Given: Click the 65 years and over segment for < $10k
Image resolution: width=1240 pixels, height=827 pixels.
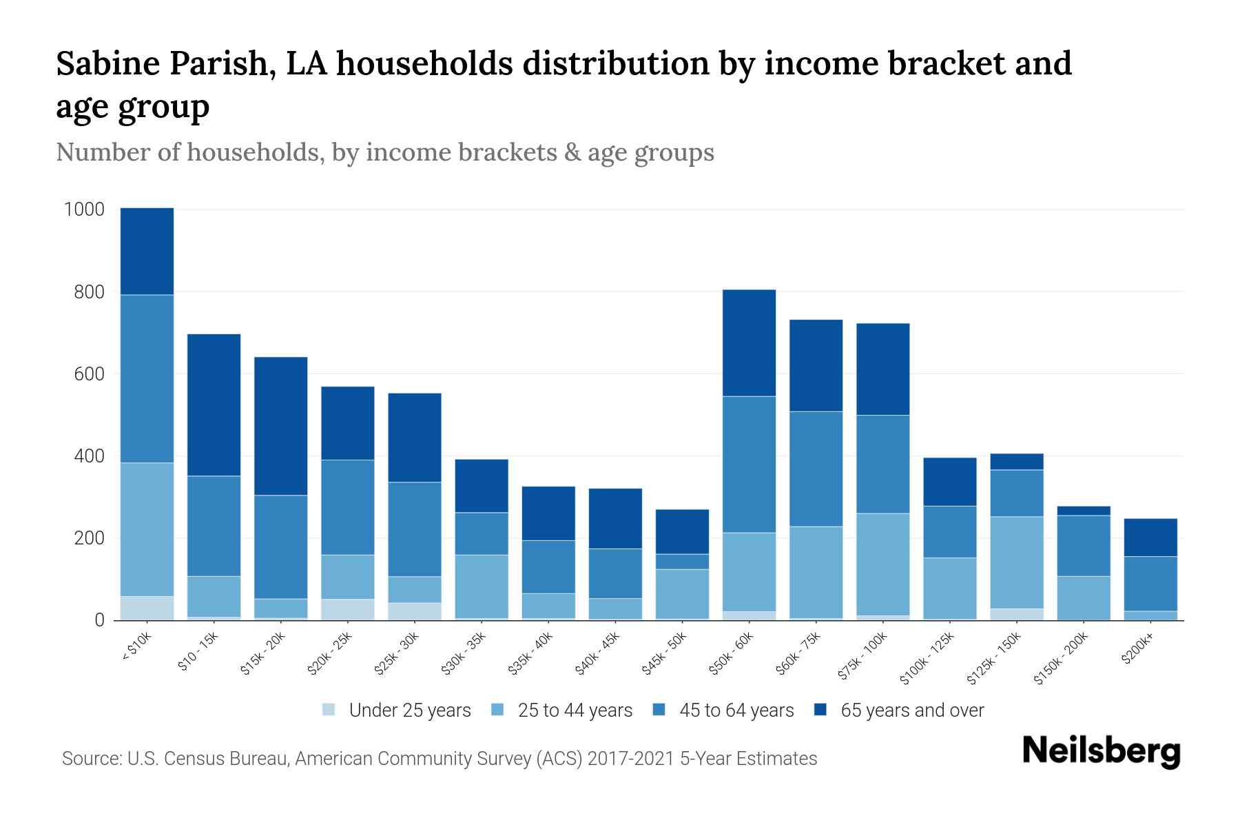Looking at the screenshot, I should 147,252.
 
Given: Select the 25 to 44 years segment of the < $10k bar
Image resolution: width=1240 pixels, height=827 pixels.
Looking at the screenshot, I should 147,529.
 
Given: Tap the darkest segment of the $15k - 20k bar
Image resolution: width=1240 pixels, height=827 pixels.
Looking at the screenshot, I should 281,426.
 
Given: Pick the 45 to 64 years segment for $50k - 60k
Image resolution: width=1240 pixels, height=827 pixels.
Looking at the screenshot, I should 749,464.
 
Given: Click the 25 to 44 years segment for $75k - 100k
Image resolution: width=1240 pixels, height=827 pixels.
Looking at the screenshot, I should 882,564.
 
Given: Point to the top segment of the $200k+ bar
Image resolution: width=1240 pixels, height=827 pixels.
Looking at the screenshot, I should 1150,538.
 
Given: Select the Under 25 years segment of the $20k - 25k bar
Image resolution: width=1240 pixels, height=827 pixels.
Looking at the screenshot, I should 348,609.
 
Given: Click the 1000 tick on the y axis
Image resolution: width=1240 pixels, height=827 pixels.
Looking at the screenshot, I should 84,210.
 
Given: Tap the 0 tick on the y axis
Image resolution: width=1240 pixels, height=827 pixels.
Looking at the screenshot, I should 99,620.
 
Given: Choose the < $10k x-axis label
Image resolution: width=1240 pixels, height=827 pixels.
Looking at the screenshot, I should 137,648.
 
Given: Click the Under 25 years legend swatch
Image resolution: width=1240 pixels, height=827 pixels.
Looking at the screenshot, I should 329,710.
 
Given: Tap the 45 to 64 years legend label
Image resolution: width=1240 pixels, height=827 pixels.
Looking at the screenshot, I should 736,711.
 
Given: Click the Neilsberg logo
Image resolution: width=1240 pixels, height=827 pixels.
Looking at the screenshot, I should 1101,751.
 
